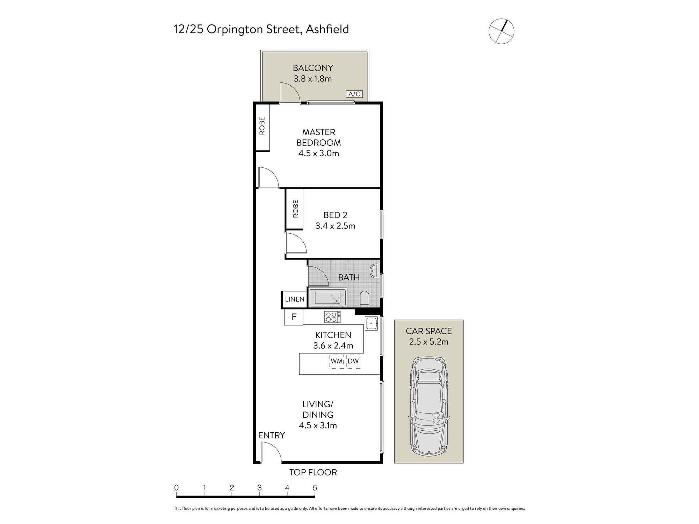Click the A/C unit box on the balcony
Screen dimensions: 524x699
[354, 94]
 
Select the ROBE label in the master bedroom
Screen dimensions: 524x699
[262, 126]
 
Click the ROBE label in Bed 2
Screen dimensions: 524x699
[296, 209]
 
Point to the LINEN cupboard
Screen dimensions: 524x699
[294, 299]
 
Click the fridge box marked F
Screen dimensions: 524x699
[294, 317]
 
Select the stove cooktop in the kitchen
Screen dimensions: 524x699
[332, 317]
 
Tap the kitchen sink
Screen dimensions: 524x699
[371, 323]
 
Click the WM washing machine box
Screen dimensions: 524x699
[337, 361]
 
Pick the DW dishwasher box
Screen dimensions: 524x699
[353, 361]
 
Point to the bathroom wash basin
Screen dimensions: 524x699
[374, 271]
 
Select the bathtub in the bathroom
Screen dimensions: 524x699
[327, 298]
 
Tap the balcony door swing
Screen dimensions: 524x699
[290, 93]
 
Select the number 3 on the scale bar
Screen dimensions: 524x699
[259, 488]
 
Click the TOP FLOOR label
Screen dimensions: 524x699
[313, 472]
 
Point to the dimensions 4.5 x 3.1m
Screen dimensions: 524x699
[318, 425]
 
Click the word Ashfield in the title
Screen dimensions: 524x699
[327, 29]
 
